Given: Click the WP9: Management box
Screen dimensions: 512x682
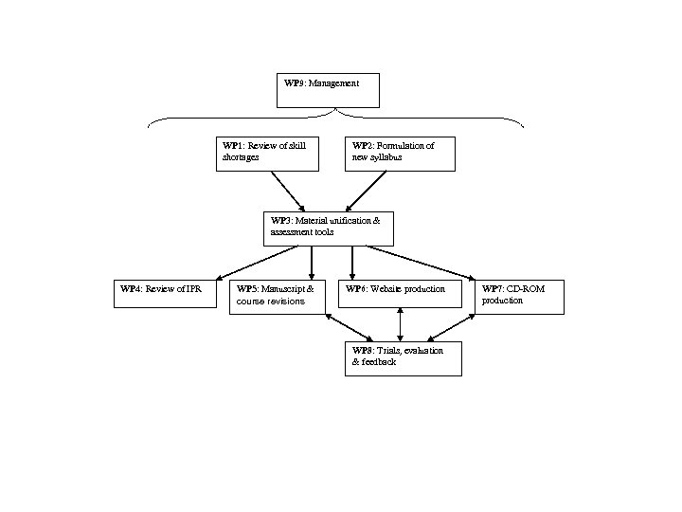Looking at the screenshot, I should (x=328, y=90).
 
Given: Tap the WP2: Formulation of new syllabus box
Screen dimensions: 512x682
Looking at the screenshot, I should (x=400, y=154).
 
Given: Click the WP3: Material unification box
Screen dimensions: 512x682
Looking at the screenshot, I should (x=328, y=229).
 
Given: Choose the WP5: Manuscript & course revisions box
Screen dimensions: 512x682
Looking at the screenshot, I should (x=278, y=296).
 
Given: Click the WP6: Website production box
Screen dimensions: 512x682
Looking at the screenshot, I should (x=399, y=293).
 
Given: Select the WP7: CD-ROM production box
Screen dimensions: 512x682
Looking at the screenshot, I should (x=519, y=296).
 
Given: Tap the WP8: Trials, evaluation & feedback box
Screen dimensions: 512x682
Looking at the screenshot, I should (x=404, y=359).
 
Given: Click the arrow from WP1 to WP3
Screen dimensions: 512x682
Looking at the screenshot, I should (x=287, y=192).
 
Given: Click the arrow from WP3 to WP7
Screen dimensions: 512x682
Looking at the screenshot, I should (x=422, y=263).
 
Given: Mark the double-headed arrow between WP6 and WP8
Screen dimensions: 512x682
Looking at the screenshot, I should (x=401, y=325).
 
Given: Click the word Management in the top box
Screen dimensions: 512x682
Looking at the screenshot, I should (x=333, y=83).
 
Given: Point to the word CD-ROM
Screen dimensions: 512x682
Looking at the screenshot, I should (x=529, y=288).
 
